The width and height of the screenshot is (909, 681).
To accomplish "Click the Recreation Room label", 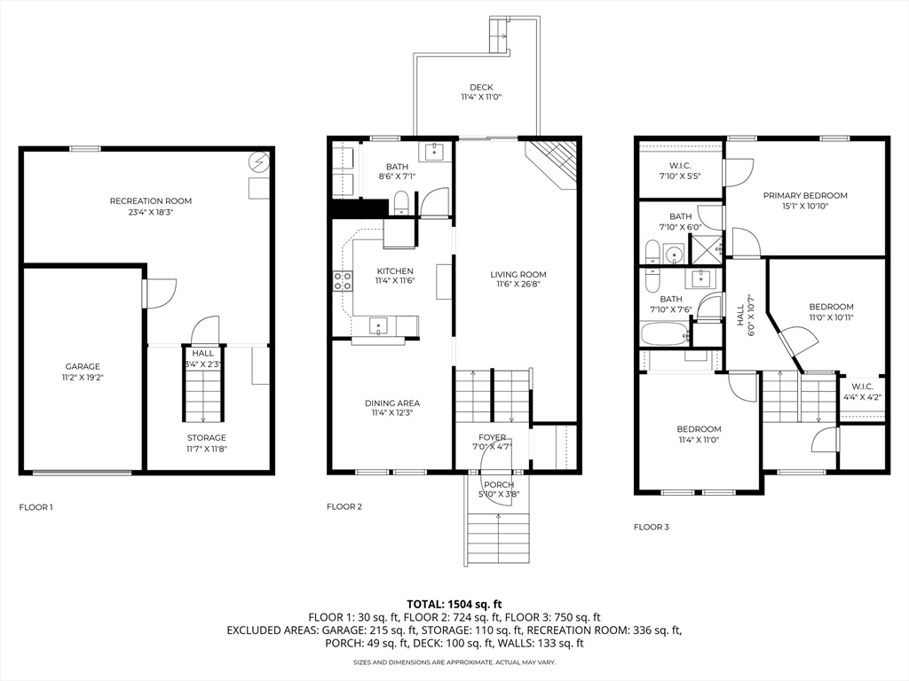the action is click(151, 201).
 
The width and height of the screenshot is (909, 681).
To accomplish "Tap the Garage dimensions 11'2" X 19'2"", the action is click(83, 377).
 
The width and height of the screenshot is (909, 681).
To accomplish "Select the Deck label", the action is click(481, 88).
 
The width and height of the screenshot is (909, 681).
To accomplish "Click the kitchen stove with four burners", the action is click(343, 281).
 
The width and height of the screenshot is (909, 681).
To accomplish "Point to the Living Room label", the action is click(518, 275).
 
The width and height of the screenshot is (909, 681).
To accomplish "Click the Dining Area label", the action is click(392, 403).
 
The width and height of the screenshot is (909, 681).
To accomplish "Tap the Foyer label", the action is click(492, 437).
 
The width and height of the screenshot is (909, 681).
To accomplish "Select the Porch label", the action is click(499, 485).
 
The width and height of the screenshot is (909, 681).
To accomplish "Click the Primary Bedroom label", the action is click(805, 196).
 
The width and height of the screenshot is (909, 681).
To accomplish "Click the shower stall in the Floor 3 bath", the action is click(706, 249).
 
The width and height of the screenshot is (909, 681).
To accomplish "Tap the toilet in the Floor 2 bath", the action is click(401, 204).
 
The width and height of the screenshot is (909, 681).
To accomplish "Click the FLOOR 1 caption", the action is click(36, 507).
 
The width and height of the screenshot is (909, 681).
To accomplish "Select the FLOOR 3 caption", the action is click(651, 527).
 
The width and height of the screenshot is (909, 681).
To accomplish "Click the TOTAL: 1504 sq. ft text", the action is click(454, 605).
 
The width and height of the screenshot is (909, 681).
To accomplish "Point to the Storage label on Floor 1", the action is click(206, 438).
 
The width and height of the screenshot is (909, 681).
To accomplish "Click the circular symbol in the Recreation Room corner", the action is click(258, 162).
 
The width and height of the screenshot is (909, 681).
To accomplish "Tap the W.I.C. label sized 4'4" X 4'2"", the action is click(863, 387).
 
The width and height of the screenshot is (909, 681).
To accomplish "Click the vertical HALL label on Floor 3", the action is click(740, 317).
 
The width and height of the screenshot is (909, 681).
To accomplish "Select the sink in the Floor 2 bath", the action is click(435, 153).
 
